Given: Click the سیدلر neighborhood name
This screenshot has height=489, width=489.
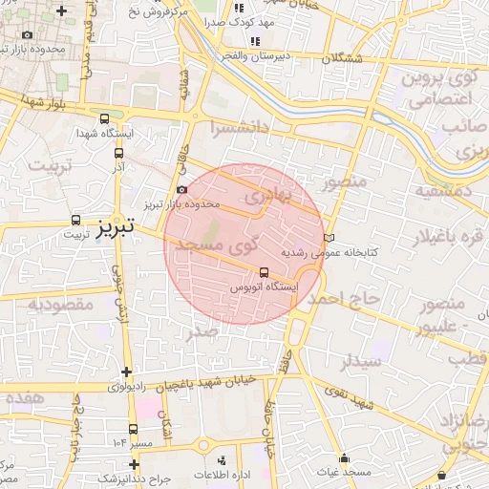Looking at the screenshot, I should point(363,362).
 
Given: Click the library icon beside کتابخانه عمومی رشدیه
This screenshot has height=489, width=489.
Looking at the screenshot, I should point(330,236).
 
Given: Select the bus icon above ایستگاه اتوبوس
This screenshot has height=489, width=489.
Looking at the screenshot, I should point(265,271).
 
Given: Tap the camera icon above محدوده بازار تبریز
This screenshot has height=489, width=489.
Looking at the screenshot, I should point(182,190).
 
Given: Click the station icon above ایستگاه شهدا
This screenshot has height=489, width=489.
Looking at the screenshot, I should point(103,118).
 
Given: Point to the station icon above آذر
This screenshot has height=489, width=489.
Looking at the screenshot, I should point(119,152).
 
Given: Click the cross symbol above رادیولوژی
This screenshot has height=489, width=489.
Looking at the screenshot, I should point(126,372).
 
